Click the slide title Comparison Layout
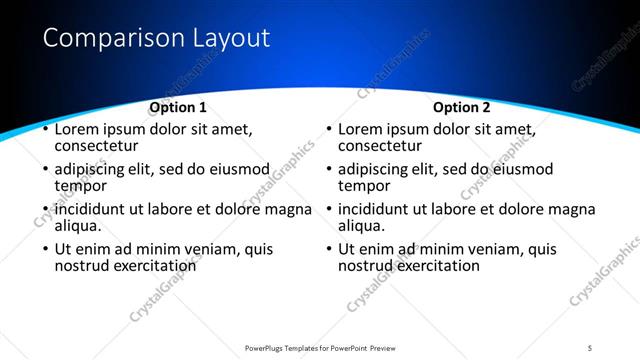pyautogui.click(x=157, y=39)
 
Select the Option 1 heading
pyautogui.click(x=178, y=107)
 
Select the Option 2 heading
pyautogui.click(x=462, y=107)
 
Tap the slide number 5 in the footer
pyautogui.click(x=590, y=347)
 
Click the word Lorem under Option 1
pyautogui.click(x=77, y=129)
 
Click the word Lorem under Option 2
pyautogui.click(x=361, y=129)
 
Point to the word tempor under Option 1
pyautogui.click(x=80, y=186)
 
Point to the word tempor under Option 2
pyautogui.click(x=364, y=186)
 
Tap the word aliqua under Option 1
pyautogui.click(x=77, y=226)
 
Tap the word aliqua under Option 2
pyautogui.click(x=361, y=226)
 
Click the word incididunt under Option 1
pyautogui.click(x=95, y=209)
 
